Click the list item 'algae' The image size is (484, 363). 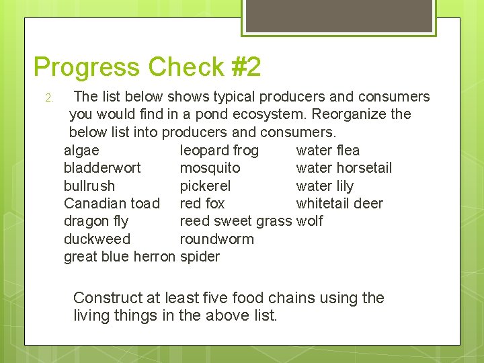(81, 150)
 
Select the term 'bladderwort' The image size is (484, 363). (102, 167)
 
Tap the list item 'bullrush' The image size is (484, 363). (89, 186)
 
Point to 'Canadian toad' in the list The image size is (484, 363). (112, 203)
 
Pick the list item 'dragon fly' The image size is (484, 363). (96, 221)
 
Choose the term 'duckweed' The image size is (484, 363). (97, 239)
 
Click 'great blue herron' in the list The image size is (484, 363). (119, 256)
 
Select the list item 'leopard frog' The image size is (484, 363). (219, 150)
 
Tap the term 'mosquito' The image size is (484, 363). (210, 167)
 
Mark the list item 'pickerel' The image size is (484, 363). (205, 186)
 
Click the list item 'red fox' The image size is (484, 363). (202, 203)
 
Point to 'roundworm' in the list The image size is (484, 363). (216, 239)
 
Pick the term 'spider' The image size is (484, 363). (200, 256)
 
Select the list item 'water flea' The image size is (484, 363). (328, 150)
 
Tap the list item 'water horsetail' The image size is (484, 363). (344, 167)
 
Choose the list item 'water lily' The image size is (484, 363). (325, 186)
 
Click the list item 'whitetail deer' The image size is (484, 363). (339, 203)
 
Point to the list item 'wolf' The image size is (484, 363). (309, 221)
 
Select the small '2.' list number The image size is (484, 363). (49, 99)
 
